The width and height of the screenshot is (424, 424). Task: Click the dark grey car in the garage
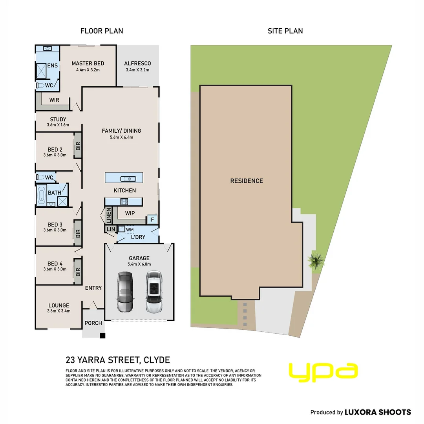coord(125,292)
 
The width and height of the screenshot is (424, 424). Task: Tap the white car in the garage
coord(154,292)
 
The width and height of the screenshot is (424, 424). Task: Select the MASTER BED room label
coord(88,63)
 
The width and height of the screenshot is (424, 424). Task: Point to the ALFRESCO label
coord(137,63)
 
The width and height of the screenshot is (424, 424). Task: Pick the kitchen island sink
coord(128,179)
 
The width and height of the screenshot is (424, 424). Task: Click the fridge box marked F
coord(152,219)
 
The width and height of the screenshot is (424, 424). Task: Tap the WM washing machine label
coord(130,230)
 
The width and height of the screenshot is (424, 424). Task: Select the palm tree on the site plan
coord(316,261)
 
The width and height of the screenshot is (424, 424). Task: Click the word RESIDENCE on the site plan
coord(247,181)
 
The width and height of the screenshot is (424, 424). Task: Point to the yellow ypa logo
coord(323,372)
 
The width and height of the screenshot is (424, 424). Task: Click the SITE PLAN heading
coord(285,31)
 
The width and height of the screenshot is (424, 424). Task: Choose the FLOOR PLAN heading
coord(102,31)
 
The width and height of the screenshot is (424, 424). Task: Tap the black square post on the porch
coord(102,336)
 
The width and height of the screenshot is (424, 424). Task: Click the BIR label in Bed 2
coord(78,146)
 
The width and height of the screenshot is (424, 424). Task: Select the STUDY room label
coord(58,119)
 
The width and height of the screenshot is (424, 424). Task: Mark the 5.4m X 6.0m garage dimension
coord(139,264)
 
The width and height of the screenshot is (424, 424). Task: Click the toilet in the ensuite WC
coord(40,86)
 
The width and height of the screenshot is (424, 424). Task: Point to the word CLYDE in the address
coord(157,360)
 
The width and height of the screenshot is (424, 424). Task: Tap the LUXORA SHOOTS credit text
coord(378,412)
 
